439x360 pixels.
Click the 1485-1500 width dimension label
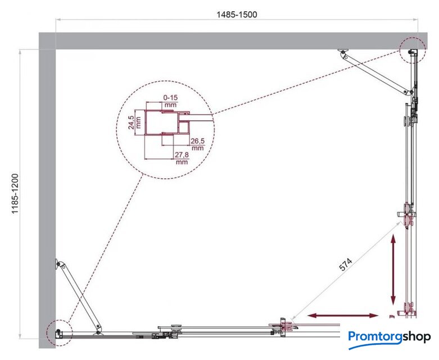pos(237,14)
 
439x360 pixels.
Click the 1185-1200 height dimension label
pos(15,194)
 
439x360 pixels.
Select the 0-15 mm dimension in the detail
pos(170,101)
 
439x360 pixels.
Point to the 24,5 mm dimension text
pos(134,122)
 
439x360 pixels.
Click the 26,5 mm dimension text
pos(197,144)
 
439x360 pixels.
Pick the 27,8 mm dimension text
pos(182,158)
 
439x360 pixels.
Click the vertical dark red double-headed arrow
pos(393,271)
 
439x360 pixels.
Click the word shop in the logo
pos(417,337)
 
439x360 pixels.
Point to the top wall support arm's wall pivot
pos(343,52)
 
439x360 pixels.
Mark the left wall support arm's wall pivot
pos(58,264)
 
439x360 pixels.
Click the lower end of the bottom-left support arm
pos(98,326)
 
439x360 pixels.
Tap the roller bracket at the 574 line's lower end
pos(283,326)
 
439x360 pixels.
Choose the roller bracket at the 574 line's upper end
pos(407,215)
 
